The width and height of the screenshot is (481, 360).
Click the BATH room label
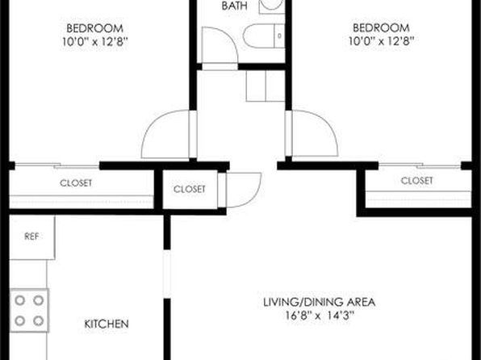coord(234,6)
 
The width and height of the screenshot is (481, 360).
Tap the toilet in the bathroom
coord(264,36)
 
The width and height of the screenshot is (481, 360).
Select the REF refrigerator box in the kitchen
coord(32,237)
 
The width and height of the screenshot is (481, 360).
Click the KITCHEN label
coord(107,324)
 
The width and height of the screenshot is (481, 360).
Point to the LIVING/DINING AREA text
coord(320,303)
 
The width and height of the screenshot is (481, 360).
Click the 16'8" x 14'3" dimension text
coord(320,316)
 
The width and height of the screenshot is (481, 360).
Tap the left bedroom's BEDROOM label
coord(94,28)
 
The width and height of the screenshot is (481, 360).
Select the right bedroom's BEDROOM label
coord(381,28)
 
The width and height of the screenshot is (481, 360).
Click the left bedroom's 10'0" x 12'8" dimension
coord(94,41)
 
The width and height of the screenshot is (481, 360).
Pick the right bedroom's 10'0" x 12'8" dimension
coord(381,41)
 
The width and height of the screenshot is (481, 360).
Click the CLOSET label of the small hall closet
coord(190,189)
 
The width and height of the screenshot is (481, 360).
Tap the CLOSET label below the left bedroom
coord(76,183)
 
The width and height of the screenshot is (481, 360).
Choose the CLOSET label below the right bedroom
coord(416,181)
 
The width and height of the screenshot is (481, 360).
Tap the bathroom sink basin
coord(271,5)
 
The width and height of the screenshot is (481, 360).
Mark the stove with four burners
coord(29,310)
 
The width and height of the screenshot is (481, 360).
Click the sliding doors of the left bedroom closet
coord(57,165)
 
